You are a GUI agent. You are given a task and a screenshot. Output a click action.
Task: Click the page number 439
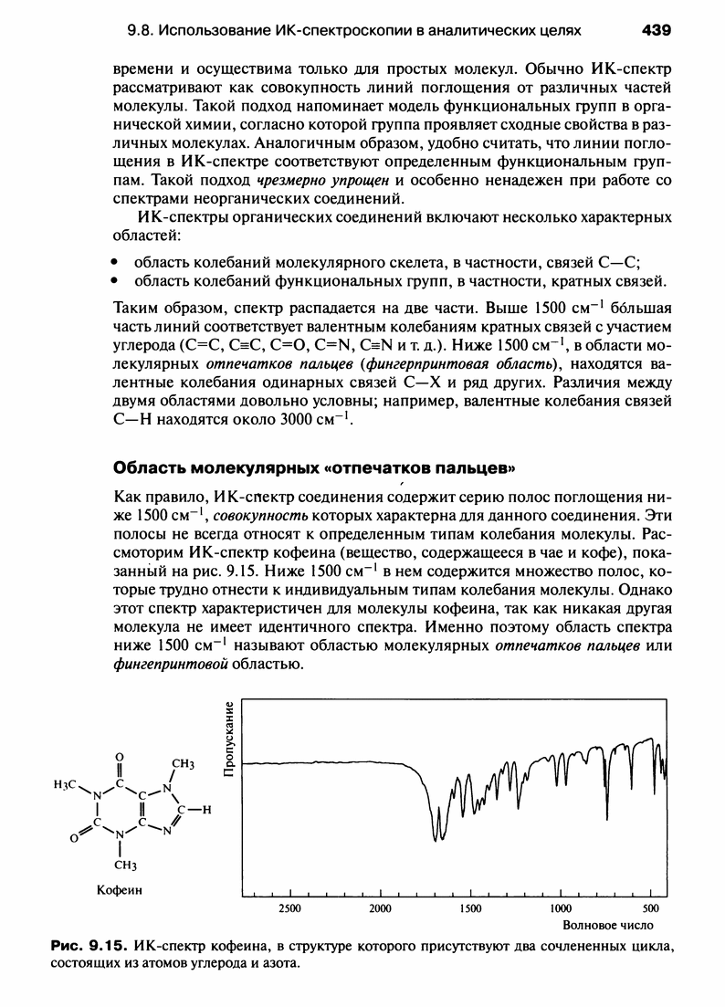coord(657,30)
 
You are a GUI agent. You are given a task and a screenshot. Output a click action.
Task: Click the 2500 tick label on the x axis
coord(289,908)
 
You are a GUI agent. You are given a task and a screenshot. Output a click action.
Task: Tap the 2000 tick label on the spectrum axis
coord(380,908)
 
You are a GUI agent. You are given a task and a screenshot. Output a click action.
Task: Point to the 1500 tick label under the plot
coord(470,908)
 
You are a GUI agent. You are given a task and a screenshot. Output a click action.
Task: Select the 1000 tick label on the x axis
coord(561,908)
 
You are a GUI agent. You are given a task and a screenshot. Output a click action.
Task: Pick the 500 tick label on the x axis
coord(650,908)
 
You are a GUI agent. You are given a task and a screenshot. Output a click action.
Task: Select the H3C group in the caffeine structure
coord(66,787)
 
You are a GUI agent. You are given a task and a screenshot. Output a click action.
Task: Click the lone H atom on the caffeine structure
coord(206,810)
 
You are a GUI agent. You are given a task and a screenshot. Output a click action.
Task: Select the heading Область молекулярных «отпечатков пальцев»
coord(314,468)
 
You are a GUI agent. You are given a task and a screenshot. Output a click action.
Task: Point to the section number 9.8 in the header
coord(141,30)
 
